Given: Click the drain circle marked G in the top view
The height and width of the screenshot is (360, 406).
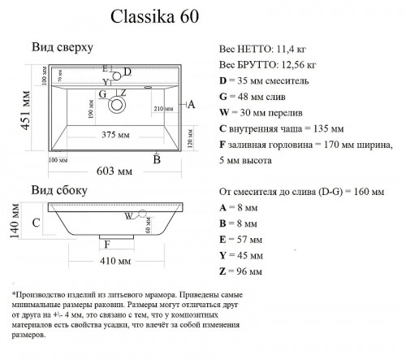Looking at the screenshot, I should [119, 104].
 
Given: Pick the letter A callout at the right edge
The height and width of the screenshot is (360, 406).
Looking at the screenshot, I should [192, 104].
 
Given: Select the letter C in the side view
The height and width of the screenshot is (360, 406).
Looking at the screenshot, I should [36, 221].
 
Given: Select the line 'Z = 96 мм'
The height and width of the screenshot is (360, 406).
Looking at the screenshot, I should [241, 271].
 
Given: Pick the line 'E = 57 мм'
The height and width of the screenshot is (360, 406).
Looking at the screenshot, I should [241, 239].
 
